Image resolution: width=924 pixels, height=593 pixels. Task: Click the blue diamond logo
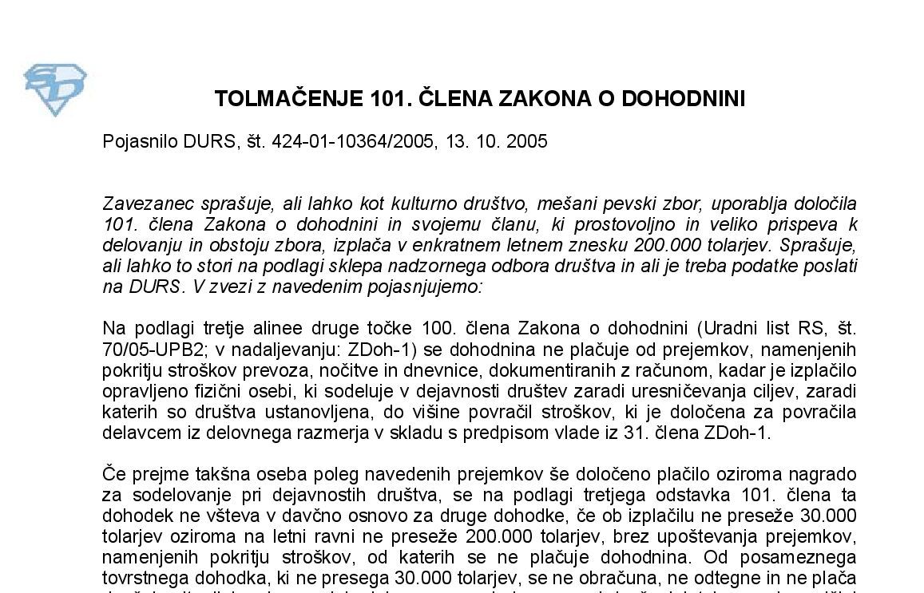[55, 89]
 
